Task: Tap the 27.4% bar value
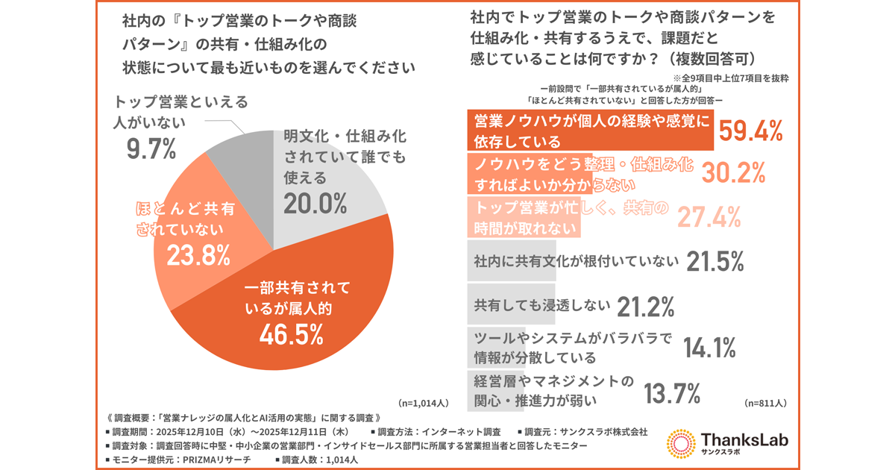(x=709, y=216)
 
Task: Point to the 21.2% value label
(x=645, y=305)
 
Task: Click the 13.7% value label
(x=671, y=391)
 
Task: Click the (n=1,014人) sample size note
(x=423, y=403)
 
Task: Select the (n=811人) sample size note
(x=765, y=403)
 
